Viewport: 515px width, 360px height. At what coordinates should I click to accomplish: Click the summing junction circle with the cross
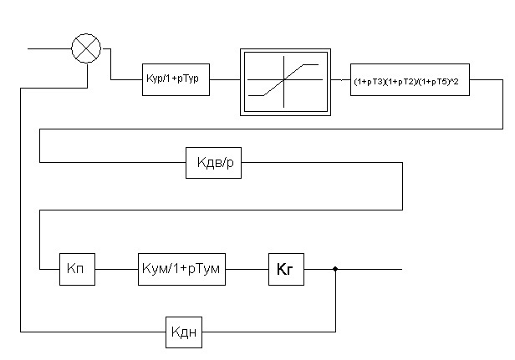point(85,49)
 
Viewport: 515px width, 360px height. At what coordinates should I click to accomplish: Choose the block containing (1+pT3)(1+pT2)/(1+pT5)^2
point(410,82)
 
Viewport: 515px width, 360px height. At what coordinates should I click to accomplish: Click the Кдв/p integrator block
point(213,163)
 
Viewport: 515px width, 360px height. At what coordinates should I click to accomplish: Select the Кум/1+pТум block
point(181,269)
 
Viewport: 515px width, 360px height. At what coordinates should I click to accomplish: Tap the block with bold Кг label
point(285,269)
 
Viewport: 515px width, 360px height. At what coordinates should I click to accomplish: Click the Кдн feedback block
point(184,332)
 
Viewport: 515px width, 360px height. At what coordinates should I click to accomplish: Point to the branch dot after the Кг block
point(335,269)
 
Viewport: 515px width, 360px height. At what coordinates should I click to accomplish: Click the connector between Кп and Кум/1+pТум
point(116,269)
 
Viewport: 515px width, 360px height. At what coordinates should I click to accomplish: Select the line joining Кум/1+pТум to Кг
point(247,269)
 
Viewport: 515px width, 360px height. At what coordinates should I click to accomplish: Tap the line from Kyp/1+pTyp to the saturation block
point(225,82)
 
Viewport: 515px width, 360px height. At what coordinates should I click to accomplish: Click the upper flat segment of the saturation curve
point(311,64)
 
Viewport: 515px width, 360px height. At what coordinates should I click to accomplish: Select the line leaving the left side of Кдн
point(92,332)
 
